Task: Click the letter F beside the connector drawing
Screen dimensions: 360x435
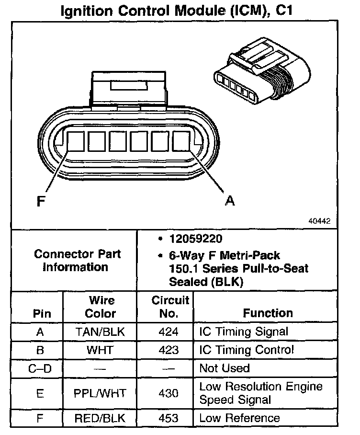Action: [41, 201]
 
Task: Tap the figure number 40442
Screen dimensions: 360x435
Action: [319, 222]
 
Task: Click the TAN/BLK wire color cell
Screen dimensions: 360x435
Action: [100, 331]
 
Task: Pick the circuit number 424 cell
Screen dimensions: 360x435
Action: [168, 331]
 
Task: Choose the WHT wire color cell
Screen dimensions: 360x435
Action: [100, 350]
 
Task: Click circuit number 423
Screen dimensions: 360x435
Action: [168, 350]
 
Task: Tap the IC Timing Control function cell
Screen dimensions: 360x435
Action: [247, 350]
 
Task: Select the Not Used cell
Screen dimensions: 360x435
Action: [225, 368]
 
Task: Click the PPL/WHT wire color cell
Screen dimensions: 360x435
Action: [100, 393]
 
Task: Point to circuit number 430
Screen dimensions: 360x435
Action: [168, 393]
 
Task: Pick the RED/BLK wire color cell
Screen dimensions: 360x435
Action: [100, 418]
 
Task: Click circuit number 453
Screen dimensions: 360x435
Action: [168, 418]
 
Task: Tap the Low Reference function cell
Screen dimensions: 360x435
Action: [239, 418]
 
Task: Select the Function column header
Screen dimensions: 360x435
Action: [268, 313]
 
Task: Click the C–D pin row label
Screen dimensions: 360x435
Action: [40, 368]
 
